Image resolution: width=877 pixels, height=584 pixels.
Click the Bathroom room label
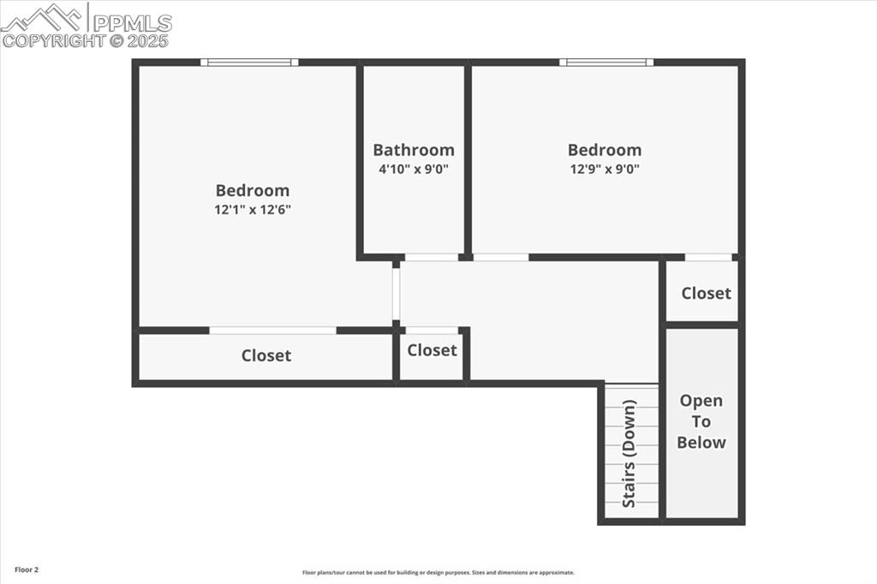[414, 150]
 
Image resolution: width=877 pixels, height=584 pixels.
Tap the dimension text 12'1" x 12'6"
[253, 209]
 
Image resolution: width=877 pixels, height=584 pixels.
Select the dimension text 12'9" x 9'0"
[605, 169]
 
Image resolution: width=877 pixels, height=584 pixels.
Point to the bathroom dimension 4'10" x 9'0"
[414, 169]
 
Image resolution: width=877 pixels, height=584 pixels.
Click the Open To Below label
[701, 421]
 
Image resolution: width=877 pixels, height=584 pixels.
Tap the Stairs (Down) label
[629, 453]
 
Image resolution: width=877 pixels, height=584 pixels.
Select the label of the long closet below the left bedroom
[265, 355]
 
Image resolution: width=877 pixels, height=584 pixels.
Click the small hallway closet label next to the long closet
[432, 350]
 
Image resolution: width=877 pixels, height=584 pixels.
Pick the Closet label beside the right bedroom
[706, 293]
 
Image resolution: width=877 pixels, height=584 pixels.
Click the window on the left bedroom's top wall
[249, 62]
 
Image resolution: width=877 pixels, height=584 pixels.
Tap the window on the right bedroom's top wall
[606, 62]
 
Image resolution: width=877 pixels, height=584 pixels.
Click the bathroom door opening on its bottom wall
[431, 257]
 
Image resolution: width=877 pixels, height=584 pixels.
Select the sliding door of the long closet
[272, 331]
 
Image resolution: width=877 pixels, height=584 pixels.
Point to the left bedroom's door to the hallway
[396, 294]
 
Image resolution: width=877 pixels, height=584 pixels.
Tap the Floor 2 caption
[27, 569]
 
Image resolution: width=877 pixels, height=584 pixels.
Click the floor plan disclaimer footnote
[438, 573]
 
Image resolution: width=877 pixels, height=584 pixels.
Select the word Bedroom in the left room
[253, 190]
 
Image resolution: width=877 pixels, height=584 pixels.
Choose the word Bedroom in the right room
[605, 150]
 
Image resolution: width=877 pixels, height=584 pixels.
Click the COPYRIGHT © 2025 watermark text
[85, 40]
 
